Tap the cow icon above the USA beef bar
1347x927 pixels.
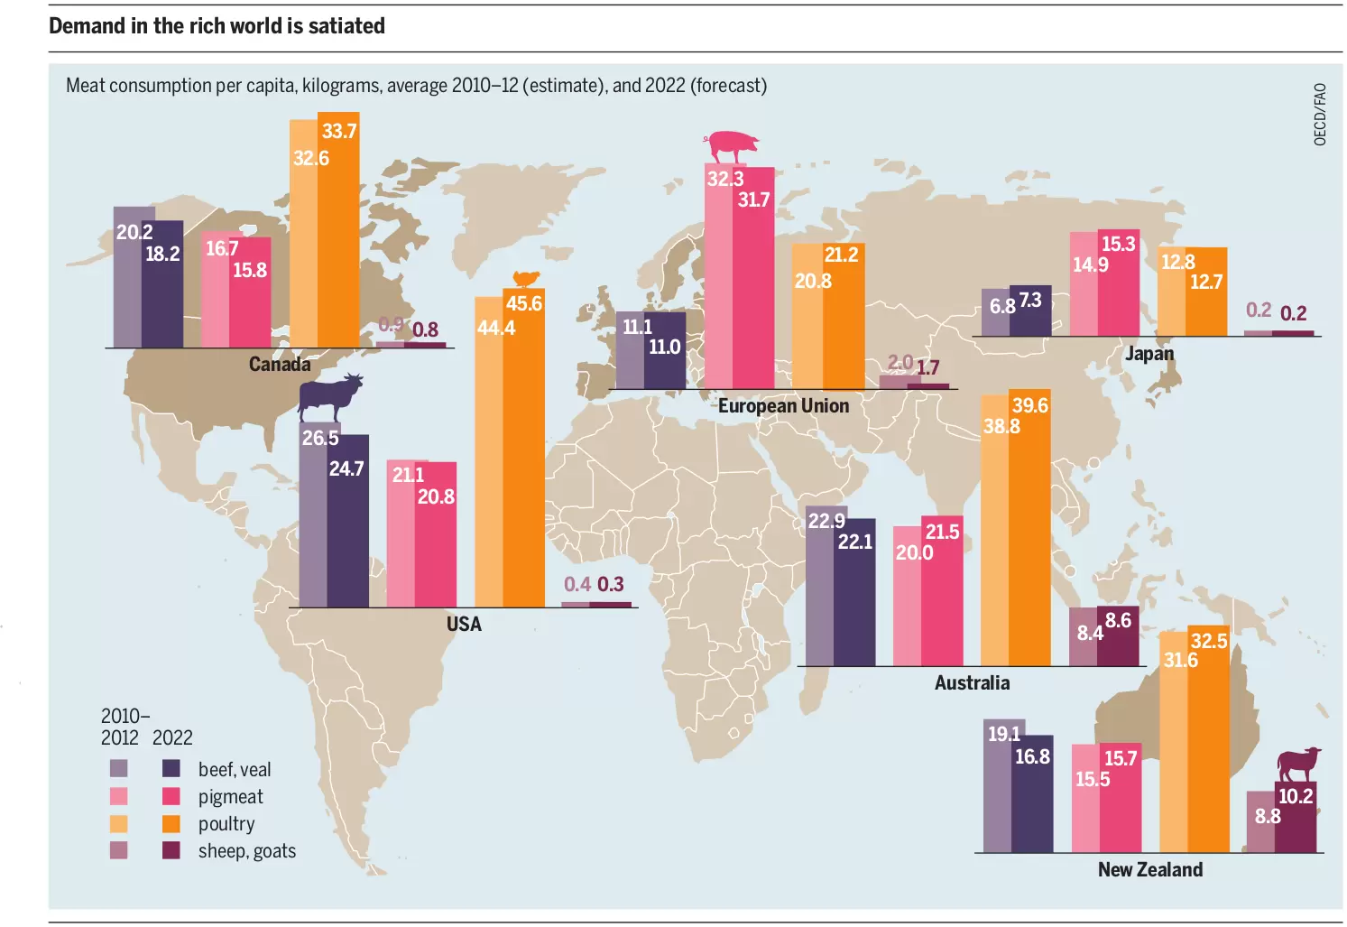[x=329, y=397]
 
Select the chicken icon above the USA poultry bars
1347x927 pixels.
[x=526, y=279]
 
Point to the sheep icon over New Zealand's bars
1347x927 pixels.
[x=1298, y=764]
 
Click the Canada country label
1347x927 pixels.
[x=280, y=365]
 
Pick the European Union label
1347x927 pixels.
[x=783, y=406]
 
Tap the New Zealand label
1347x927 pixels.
[x=1150, y=870]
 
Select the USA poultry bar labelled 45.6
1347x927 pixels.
[x=524, y=451]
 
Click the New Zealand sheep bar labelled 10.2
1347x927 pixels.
[x=1296, y=821]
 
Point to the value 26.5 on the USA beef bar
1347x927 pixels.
[x=320, y=439]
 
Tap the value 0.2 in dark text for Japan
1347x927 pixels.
[x=1293, y=313]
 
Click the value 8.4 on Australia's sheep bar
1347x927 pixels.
[x=1089, y=633]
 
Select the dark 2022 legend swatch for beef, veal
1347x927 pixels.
[x=171, y=769]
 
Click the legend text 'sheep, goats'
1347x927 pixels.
[x=247, y=851]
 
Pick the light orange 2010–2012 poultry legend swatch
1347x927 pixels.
[x=118, y=824]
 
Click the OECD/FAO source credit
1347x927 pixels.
[x=1320, y=115]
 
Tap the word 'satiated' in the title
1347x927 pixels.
[x=346, y=26]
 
